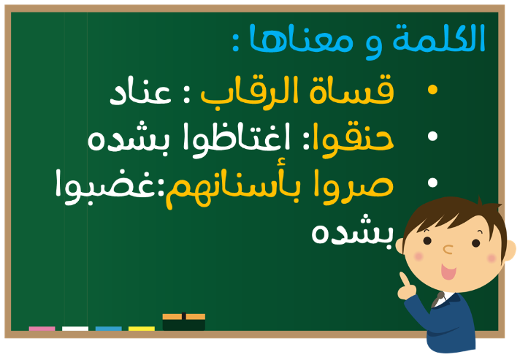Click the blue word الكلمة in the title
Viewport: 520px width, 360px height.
tap(439, 37)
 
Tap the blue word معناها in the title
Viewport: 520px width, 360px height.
tap(301, 39)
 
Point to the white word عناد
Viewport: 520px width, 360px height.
tap(140, 92)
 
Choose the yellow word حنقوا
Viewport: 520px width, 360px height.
tap(353, 139)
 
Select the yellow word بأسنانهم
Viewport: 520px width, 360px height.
tap(233, 187)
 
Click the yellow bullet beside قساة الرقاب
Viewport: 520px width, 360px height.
tap(432, 90)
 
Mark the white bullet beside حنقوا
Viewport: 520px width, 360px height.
tap(432, 137)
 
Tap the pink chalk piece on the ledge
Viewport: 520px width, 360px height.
tap(42, 329)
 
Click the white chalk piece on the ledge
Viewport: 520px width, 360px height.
tap(75, 329)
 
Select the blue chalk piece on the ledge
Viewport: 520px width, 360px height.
tap(108, 329)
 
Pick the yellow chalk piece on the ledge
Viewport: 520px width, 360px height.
tap(142, 329)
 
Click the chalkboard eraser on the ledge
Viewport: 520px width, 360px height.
tap(184, 321)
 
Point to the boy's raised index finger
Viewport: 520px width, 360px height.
tap(405, 279)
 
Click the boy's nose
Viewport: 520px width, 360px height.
tap(448, 249)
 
